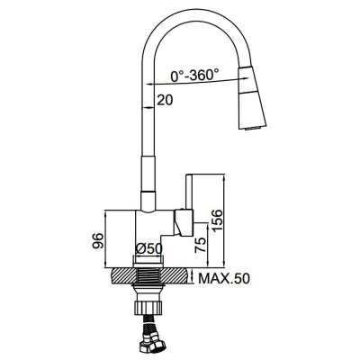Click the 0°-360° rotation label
[x=194, y=75]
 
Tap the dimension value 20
[x=165, y=100]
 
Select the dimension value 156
[x=217, y=220]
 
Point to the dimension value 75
[x=202, y=245]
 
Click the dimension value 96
[x=98, y=240]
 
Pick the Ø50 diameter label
[x=148, y=248]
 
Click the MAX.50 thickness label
[x=224, y=279]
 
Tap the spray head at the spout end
[x=251, y=98]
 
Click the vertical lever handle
[x=190, y=192]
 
